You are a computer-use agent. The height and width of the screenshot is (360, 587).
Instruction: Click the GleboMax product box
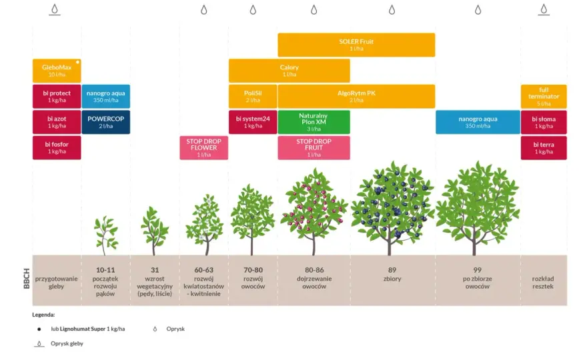57,71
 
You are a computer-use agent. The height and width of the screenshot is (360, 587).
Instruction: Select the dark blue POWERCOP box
106,122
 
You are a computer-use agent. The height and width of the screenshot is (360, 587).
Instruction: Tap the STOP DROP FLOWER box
203,147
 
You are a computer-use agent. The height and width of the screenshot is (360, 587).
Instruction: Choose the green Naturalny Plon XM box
314,122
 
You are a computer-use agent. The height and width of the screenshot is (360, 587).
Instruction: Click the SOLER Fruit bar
356,45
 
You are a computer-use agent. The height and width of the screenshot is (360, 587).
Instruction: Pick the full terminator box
544,96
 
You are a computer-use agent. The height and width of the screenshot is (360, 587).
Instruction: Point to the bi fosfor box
57,147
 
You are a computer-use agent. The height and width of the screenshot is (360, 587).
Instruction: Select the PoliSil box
253,96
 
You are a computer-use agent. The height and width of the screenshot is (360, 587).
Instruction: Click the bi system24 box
253,122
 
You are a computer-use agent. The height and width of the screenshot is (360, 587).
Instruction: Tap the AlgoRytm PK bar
356,96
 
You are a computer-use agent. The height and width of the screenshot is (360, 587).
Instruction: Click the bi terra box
544,147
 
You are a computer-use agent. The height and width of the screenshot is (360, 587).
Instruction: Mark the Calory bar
289,71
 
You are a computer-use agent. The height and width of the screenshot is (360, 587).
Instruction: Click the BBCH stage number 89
392,270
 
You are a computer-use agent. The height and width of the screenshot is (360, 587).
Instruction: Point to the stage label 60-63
203,270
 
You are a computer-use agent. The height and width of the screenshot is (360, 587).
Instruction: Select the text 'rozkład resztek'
543,283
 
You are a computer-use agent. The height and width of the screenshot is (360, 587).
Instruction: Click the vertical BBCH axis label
27,279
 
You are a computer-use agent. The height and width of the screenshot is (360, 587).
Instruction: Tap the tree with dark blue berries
392,209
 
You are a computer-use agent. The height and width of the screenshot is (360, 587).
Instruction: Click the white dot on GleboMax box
77,62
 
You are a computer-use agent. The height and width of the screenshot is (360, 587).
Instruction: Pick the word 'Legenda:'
43,315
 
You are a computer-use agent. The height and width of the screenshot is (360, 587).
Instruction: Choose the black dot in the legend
39,329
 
